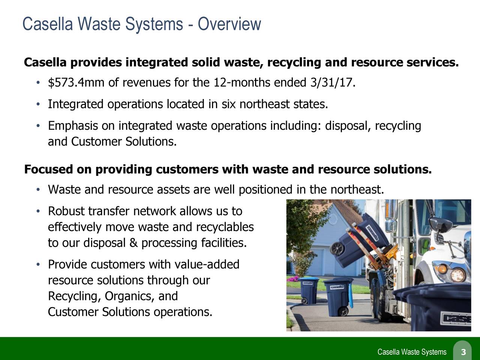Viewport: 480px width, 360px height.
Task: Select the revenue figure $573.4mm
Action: pos(76,82)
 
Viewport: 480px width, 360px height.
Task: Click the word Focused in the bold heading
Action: pos(49,170)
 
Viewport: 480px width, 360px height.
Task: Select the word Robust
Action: pos(66,212)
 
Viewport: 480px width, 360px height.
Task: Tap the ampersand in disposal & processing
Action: pos(133,244)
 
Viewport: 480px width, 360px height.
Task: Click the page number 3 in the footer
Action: pos(463,352)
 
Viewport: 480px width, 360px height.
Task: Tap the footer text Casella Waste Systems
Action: pos(412,352)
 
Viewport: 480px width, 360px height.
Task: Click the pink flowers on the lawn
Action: pos(295,279)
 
